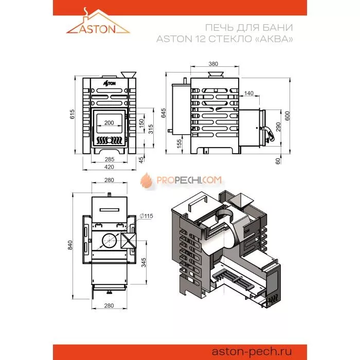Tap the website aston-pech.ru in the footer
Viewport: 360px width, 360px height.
(x=251, y=351)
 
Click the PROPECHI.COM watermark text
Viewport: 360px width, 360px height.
(x=189, y=180)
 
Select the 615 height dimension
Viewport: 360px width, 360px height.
(x=72, y=114)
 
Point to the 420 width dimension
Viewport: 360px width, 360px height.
(x=109, y=167)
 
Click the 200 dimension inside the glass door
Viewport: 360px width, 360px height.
(x=109, y=123)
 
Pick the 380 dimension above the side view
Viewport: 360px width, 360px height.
(x=213, y=64)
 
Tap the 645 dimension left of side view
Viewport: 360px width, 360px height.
(x=163, y=113)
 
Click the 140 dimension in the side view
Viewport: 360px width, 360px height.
(x=248, y=93)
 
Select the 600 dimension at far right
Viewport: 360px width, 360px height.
(x=287, y=116)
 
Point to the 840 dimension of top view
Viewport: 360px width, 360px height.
(x=70, y=245)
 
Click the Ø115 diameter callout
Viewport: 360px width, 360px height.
(x=147, y=216)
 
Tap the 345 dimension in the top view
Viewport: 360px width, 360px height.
(x=143, y=263)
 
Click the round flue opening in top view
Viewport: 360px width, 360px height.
(x=109, y=240)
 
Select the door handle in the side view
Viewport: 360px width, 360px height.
(x=268, y=133)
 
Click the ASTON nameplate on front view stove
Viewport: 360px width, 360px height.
(x=109, y=83)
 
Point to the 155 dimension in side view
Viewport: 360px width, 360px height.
(x=179, y=143)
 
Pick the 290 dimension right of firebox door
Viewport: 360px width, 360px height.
(x=278, y=127)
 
